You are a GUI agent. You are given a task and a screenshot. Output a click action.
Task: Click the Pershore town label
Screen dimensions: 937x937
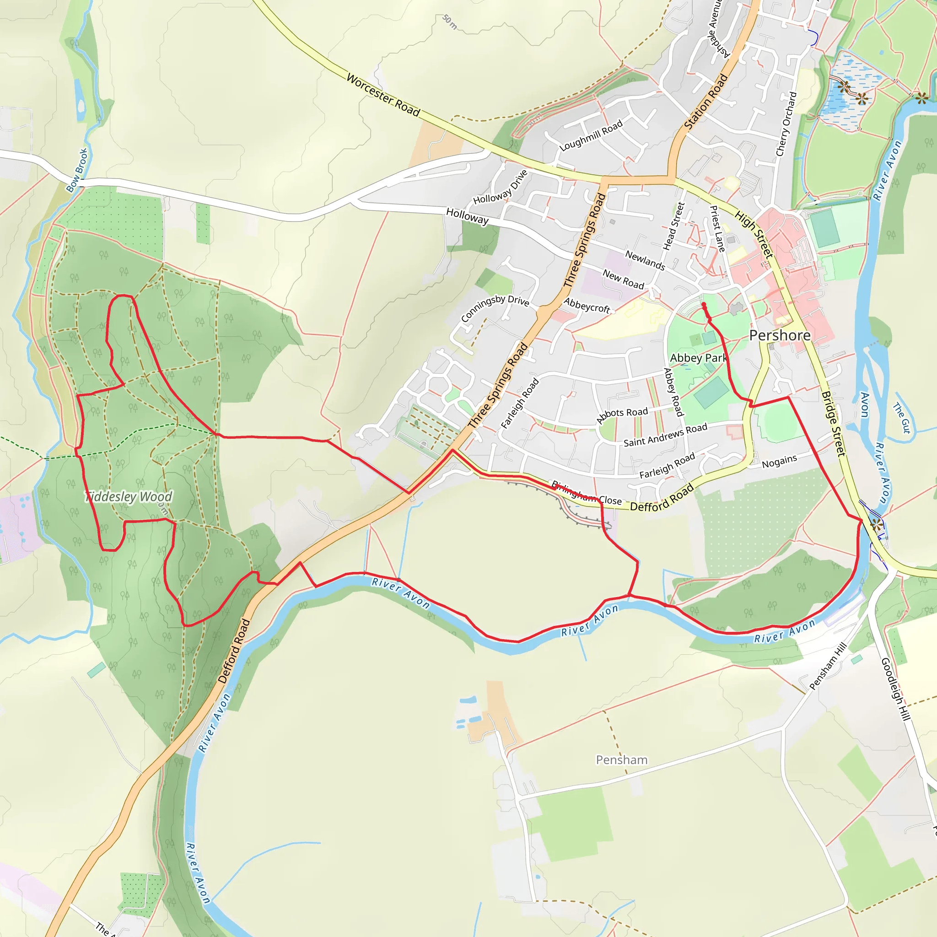click(779, 335)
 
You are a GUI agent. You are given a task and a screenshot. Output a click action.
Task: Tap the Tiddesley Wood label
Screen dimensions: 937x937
click(129, 496)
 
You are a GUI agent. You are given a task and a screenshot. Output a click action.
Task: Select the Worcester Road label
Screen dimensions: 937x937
click(383, 95)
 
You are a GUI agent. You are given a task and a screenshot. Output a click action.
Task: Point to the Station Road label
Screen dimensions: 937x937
click(705, 102)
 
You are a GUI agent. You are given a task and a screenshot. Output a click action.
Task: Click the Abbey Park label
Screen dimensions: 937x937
click(697, 358)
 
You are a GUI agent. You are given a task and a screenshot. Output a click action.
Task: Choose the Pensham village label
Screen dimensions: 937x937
click(621, 759)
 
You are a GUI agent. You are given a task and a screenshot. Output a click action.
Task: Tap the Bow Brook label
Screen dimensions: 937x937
click(78, 170)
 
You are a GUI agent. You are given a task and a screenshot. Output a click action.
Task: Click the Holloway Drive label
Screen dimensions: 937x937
click(500, 187)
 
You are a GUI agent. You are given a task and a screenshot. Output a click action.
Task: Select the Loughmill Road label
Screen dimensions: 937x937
click(591, 136)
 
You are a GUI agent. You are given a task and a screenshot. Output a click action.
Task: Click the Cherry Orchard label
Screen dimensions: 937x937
click(786, 124)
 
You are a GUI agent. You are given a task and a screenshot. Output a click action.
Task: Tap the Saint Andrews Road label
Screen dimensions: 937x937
click(665, 435)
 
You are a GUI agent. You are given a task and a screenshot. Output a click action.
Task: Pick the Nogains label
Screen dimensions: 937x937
click(779, 461)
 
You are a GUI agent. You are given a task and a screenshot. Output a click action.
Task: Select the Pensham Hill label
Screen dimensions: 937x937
click(828, 666)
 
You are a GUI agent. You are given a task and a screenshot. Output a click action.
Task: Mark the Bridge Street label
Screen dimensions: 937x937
click(833, 423)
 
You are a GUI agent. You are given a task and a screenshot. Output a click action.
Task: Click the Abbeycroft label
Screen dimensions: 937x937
click(587, 305)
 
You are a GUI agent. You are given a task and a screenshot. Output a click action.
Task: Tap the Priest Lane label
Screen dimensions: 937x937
click(717, 229)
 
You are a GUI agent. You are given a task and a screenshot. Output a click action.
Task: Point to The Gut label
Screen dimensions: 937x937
click(902, 418)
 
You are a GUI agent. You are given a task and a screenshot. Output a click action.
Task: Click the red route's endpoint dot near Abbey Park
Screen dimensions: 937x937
click(703, 305)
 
